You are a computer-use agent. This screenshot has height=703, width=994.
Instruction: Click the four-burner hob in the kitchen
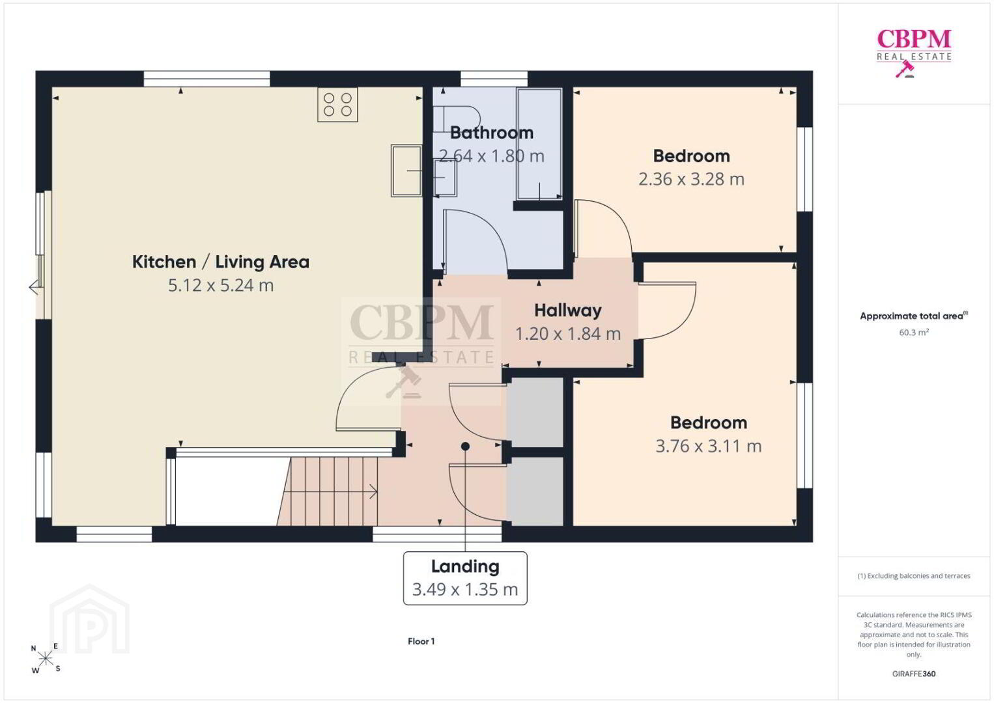point(337,105)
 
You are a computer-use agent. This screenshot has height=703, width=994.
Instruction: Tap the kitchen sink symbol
point(406,171)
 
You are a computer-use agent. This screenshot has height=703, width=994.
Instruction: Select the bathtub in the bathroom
point(539,144)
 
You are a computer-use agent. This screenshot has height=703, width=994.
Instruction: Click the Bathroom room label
point(492,133)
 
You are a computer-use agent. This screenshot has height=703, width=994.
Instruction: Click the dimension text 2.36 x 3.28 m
point(691,179)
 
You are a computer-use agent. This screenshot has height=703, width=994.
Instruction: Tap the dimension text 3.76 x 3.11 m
point(709,446)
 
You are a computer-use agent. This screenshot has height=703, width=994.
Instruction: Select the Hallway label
point(568,310)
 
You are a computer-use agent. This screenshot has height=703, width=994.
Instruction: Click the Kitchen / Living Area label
point(221,262)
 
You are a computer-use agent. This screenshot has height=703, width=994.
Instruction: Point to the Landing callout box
point(465,579)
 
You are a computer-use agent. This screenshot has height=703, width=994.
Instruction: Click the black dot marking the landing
point(465,446)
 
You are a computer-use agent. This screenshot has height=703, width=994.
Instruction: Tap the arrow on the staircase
point(331,491)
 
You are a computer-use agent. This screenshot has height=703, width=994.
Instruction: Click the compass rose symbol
point(45,658)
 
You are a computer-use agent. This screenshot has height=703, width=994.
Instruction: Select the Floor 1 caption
point(421,641)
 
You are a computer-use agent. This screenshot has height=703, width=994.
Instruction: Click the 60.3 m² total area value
point(914,332)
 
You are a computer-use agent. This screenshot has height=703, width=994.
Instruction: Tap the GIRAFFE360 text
point(914,674)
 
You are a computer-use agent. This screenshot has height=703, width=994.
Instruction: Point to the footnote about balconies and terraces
point(914,575)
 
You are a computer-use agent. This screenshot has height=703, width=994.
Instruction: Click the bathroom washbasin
point(445,178)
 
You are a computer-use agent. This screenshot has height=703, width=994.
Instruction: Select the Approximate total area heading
point(914,316)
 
